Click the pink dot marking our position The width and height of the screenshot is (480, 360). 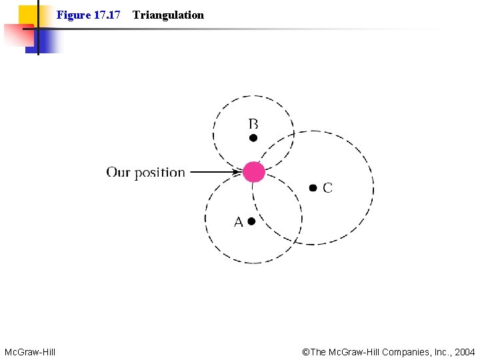coord(253,172)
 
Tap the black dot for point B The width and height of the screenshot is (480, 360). coord(253,138)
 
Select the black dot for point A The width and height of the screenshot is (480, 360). coord(251,221)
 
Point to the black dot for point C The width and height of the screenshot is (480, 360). coord(313,188)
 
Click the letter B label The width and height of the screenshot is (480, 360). coord(253,124)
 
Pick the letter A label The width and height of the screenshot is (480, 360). coord(238,222)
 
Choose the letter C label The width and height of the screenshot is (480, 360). coord(327,189)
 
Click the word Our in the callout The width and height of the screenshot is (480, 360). coord(118,173)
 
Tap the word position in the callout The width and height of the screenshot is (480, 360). coord(159,173)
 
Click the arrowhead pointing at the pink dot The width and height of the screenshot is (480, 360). coord(238,172)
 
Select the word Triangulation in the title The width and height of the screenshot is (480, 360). coord(168,15)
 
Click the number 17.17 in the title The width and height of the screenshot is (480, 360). coord(106,15)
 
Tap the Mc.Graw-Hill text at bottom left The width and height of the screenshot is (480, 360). coord(30,351)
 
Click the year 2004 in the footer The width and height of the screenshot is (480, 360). coord(464,351)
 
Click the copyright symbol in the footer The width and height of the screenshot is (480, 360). coord(306,351)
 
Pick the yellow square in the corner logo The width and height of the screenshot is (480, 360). coord(27,14)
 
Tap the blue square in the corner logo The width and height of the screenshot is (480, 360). coord(43,41)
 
